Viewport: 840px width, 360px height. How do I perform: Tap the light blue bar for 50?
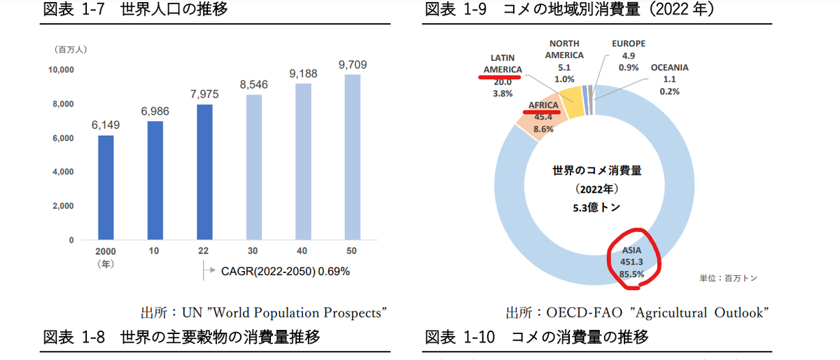(x=353, y=157)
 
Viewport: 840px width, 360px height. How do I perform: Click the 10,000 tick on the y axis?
(x=61, y=70)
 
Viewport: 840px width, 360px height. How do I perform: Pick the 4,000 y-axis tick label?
(x=63, y=172)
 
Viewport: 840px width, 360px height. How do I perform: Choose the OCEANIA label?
(x=669, y=68)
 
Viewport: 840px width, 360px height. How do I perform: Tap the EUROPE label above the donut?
(x=629, y=43)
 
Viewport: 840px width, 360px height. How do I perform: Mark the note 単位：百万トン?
(x=729, y=278)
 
